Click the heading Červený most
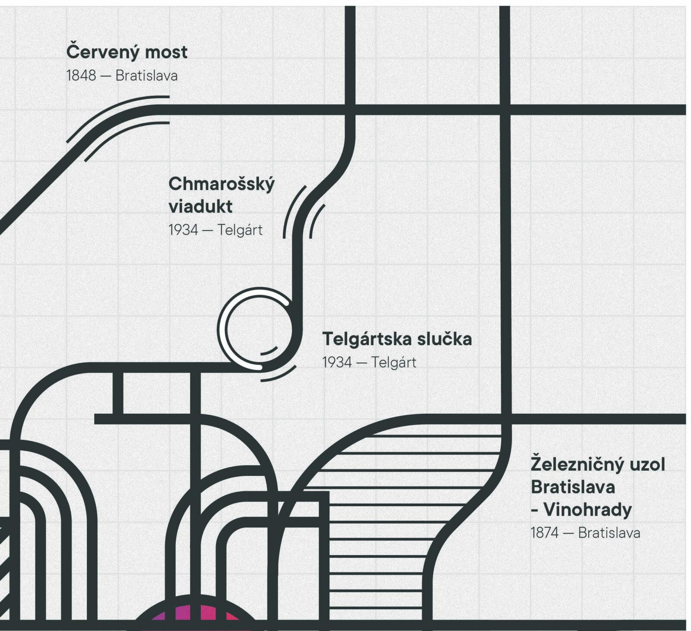pos(127,51)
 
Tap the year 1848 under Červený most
pos(81,76)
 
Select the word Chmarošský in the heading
pos(222,184)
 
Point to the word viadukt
pos(200,206)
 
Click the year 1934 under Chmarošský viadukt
pos(183,230)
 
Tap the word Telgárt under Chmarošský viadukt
pos(240,230)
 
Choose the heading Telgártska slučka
pos(397,339)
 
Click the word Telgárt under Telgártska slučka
pos(393,362)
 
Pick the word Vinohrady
pos(587,510)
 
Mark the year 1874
pos(545,533)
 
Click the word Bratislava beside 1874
pos(609,533)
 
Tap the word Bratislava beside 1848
pos(146,76)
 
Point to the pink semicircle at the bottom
pos(194,610)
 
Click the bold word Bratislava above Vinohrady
pos(573,487)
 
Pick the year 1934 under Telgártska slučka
pos(337,362)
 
